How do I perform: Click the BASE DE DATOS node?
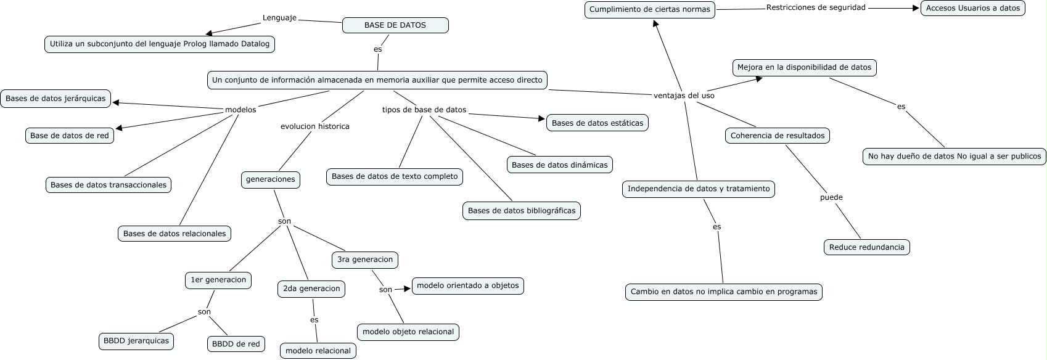click(x=395, y=25)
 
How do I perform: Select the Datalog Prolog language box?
click(x=160, y=44)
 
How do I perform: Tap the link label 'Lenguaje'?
click(x=279, y=18)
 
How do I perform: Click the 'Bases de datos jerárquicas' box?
click(x=55, y=98)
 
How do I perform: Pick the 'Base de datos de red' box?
click(x=69, y=136)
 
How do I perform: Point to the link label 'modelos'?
click(x=240, y=110)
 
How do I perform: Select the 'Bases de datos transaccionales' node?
click(x=109, y=185)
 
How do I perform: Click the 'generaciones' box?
click(x=270, y=179)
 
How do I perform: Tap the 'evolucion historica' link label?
click(x=314, y=126)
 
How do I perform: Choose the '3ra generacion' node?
click(x=365, y=260)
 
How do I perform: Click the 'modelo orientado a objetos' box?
click(x=468, y=286)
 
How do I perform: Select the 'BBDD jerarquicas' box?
click(x=136, y=341)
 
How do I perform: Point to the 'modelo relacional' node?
click(x=318, y=351)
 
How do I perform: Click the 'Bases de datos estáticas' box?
click(x=597, y=123)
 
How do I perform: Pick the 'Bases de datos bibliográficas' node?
click(x=521, y=211)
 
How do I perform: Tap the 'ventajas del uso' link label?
click(x=684, y=96)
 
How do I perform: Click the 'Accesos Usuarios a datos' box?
click(x=972, y=8)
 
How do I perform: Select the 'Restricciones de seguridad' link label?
click(x=816, y=7)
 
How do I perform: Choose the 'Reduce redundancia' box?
click(x=866, y=247)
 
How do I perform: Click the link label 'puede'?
click(x=831, y=197)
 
